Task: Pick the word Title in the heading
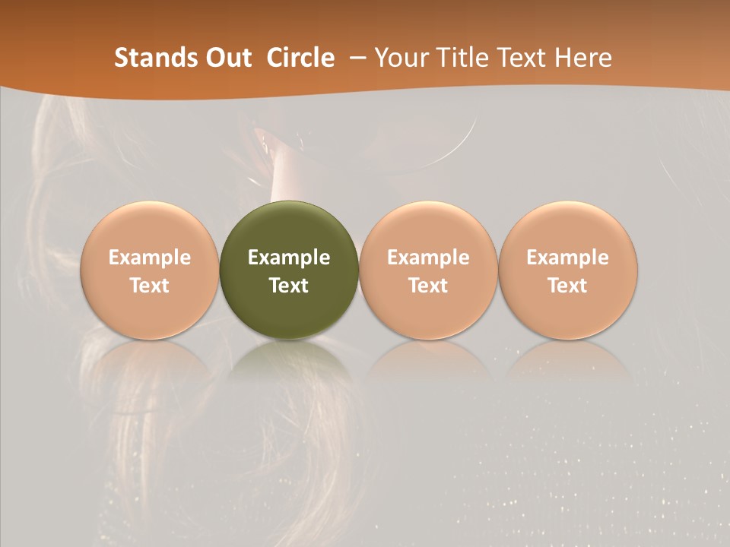459,58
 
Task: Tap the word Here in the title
582,58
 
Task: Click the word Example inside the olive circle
289,258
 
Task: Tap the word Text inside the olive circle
289,286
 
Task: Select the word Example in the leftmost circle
150,258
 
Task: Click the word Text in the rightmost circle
567,286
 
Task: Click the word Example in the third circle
428,258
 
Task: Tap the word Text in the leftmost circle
150,286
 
